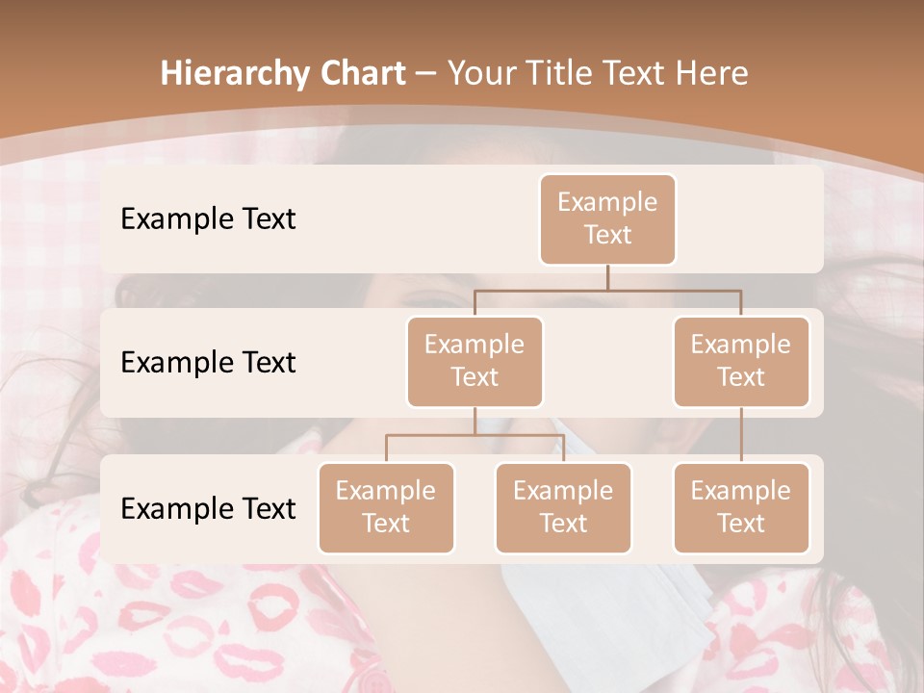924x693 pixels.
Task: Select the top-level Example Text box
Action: pyautogui.click(x=607, y=219)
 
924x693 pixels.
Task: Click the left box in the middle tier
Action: pyautogui.click(x=475, y=362)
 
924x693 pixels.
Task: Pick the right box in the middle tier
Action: pyautogui.click(x=741, y=362)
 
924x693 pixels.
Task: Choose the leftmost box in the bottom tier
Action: pyautogui.click(x=386, y=508)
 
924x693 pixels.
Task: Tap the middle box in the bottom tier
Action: pyautogui.click(x=563, y=508)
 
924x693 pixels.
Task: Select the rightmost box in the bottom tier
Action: pyautogui.click(x=741, y=508)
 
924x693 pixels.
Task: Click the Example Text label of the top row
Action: pyautogui.click(x=208, y=219)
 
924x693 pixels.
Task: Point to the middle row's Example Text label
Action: pyautogui.click(x=208, y=363)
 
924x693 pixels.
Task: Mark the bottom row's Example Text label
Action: pyautogui.click(x=208, y=509)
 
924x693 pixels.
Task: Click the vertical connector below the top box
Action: pyautogui.click(x=607, y=277)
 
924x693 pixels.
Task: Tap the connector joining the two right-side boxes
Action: pyautogui.click(x=741, y=435)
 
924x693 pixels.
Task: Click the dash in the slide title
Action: pyautogui.click(x=426, y=74)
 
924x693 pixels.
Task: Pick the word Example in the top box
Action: pyautogui.click(x=607, y=203)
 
